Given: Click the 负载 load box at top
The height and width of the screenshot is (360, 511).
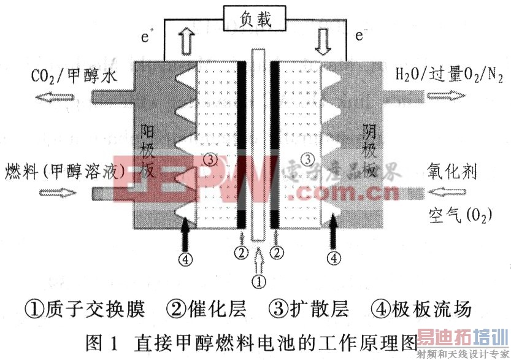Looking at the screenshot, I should pyautogui.click(x=256, y=20).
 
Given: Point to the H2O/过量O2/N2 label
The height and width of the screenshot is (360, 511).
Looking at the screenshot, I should pyautogui.click(x=450, y=76).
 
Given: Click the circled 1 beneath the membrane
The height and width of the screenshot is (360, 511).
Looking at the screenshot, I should pyautogui.click(x=259, y=281).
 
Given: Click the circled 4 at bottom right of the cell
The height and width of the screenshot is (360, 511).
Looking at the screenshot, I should pyautogui.click(x=334, y=258).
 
